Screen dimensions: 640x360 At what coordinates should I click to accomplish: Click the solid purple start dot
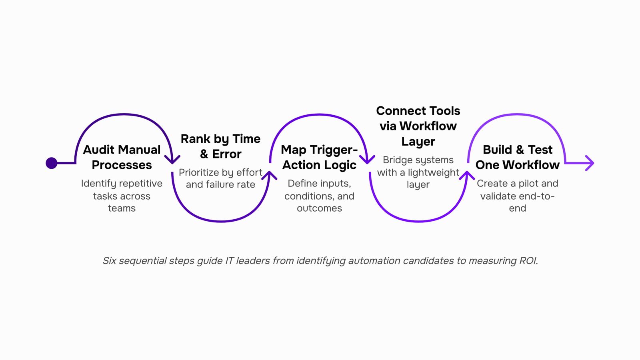[52, 163]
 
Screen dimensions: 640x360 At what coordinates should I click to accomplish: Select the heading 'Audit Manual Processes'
[122, 157]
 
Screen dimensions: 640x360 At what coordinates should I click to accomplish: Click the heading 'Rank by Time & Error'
[220, 146]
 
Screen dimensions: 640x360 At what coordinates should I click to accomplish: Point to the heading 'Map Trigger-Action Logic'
[319, 157]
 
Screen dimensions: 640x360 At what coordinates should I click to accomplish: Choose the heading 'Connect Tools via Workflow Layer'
[418, 126]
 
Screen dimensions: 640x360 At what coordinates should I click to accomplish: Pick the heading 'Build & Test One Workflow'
[517, 157]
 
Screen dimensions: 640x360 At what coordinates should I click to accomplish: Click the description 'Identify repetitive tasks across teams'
[122, 196]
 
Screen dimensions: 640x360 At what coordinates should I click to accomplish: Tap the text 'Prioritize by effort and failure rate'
[220, 178]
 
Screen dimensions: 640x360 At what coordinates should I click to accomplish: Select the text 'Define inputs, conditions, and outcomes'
[319, 196]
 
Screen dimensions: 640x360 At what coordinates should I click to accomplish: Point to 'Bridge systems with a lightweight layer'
[418, 172]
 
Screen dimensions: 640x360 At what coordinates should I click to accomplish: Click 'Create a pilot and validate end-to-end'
[517, 196]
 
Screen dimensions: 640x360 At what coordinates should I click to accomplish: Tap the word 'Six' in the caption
[110, 260]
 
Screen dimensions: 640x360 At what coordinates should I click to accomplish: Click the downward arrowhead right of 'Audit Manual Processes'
[172, 160]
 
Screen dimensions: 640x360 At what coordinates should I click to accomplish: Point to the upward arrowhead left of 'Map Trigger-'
[269, 175]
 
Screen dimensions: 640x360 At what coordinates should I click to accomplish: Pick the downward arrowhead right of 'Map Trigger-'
[367, 160]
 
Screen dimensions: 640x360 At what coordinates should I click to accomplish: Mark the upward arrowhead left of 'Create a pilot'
[467, 175]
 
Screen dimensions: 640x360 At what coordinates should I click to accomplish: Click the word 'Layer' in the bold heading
[418, 142]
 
